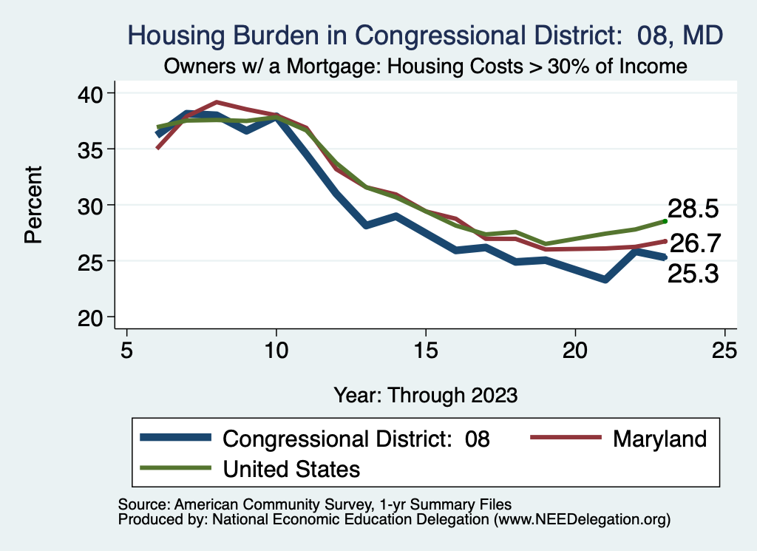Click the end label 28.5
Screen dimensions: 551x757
pos(693,209)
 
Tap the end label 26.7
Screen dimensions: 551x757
pos(695,243)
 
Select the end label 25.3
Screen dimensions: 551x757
pos(693,274)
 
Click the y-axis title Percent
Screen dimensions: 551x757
pos(33,205)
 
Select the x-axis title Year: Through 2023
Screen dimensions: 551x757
pos(425,393)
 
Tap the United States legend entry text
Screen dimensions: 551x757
pos(291,468)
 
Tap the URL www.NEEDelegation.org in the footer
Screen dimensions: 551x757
pos(582,519)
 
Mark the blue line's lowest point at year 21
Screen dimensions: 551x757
pos(605,280)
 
